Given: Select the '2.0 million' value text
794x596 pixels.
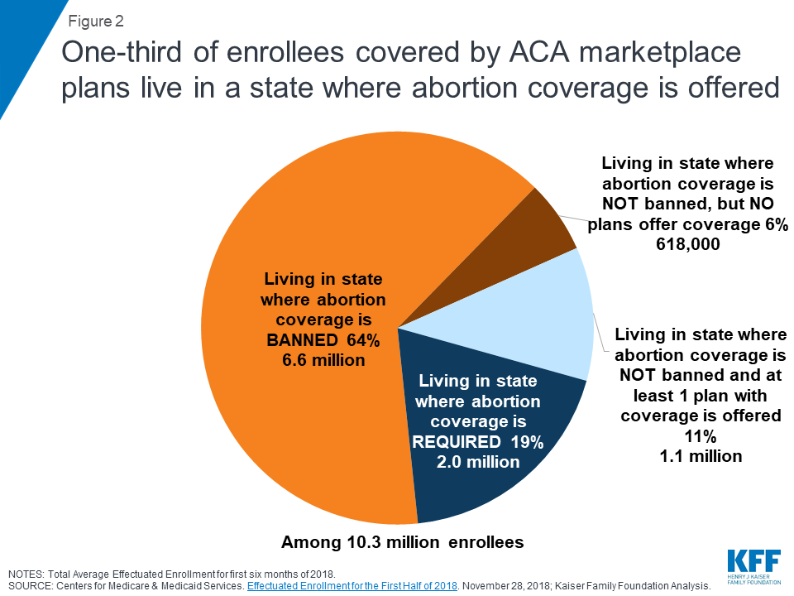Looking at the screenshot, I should coord(478,461).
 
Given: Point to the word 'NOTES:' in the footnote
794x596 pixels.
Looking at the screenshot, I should coord(26,573).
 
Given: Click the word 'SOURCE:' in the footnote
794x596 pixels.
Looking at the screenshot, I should coord(29,584).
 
